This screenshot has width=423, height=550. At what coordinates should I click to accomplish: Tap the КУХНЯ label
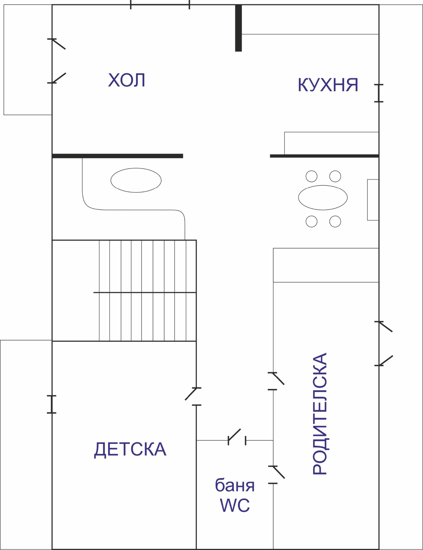click(328, 85)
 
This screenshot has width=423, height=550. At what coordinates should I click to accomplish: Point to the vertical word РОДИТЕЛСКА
click(320, 414)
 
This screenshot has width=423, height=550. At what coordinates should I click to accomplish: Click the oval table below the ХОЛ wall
click(136, 180)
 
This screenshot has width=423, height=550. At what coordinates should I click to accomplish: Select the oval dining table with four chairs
click(323, 198)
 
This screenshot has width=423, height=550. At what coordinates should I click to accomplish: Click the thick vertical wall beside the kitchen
click(238, 28)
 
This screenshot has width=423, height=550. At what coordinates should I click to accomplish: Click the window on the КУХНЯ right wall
click(379, 93)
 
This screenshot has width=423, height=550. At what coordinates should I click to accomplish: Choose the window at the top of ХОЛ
click(160, 5)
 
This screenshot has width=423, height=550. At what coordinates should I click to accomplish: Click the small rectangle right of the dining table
click(373, 200)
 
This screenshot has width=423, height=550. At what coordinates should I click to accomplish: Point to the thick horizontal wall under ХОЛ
click(118, 156)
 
